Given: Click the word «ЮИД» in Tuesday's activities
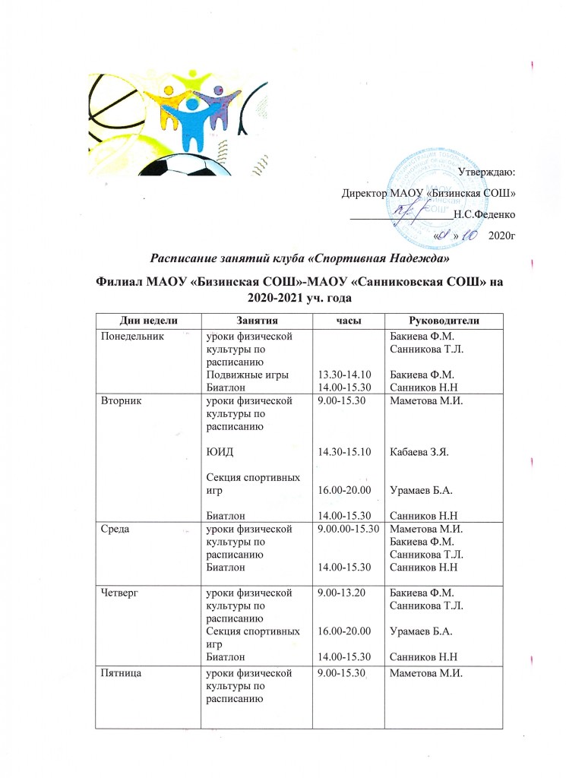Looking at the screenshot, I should click(x=220, y=452).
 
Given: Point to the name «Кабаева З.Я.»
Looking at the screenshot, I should click(x=416, y=452).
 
